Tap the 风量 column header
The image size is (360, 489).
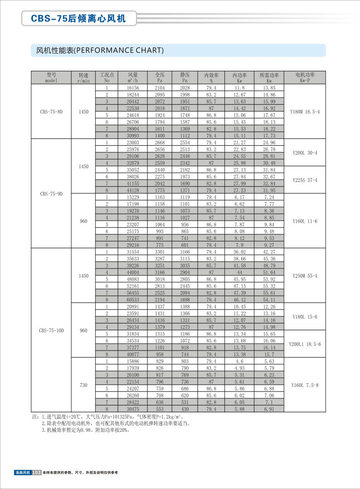[132, 77]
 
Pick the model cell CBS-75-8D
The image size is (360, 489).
[51, 112]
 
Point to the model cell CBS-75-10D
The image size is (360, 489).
[51, 330]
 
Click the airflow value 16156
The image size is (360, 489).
[132, 88]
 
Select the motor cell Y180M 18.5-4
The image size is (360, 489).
[305, 112]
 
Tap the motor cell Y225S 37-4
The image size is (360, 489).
[305, 180]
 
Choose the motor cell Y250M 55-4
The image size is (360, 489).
[305, 276]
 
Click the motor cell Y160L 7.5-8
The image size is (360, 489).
[305, 385]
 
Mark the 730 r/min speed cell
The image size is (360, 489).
[83, 385]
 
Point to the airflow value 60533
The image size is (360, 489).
[132, 300]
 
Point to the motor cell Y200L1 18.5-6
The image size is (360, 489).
[305, 344]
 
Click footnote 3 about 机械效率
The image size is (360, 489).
[86, 430]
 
